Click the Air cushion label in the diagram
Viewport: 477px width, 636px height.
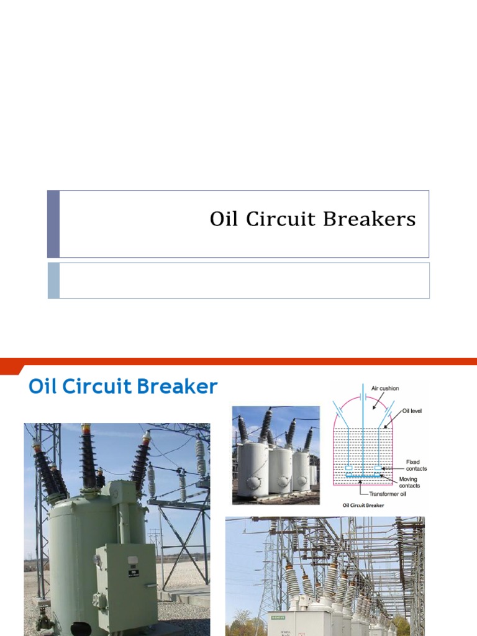point(385,389)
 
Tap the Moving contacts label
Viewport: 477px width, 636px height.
point(410,482)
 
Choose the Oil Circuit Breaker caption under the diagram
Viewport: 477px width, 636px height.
point(363,505)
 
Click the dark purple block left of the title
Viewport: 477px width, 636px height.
point(53,224)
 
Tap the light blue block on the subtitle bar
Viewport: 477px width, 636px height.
point(53,280)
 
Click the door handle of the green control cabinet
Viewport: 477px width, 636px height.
point(150,584)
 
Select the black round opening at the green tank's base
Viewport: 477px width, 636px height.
point(79,629)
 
